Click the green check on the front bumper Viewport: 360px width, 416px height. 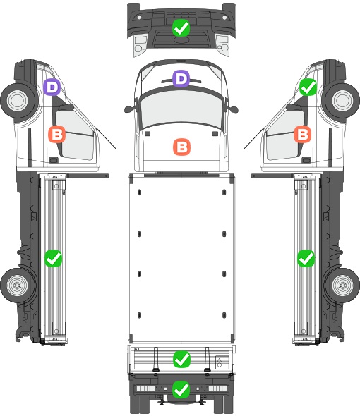tap(181, 28)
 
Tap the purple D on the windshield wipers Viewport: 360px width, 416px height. tap(181, 78)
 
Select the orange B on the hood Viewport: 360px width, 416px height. tap(181, 147)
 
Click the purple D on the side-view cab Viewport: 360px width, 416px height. tap(52, 87)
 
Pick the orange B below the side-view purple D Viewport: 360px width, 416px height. tap(57, 134)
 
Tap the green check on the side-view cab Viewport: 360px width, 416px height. tap(308, 87)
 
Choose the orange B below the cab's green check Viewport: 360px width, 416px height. tap(303, 134)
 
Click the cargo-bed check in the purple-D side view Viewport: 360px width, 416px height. tap(53, 258)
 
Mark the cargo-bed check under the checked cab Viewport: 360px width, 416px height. tap(306, 258)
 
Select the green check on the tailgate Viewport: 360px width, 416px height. tap(181, 359)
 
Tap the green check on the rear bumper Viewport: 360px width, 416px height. tap(181, 389)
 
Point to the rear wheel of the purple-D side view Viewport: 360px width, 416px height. tap(18, 285)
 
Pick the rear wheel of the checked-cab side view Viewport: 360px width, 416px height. tap(342, 285)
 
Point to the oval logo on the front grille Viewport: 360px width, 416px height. tap(181, 39)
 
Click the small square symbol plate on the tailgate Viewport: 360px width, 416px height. tap(222, 362)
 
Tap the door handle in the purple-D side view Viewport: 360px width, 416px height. tap(54, 160)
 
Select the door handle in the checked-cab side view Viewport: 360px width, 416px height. tap(306, 160)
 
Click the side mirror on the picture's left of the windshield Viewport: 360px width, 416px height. tap(128, 109)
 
